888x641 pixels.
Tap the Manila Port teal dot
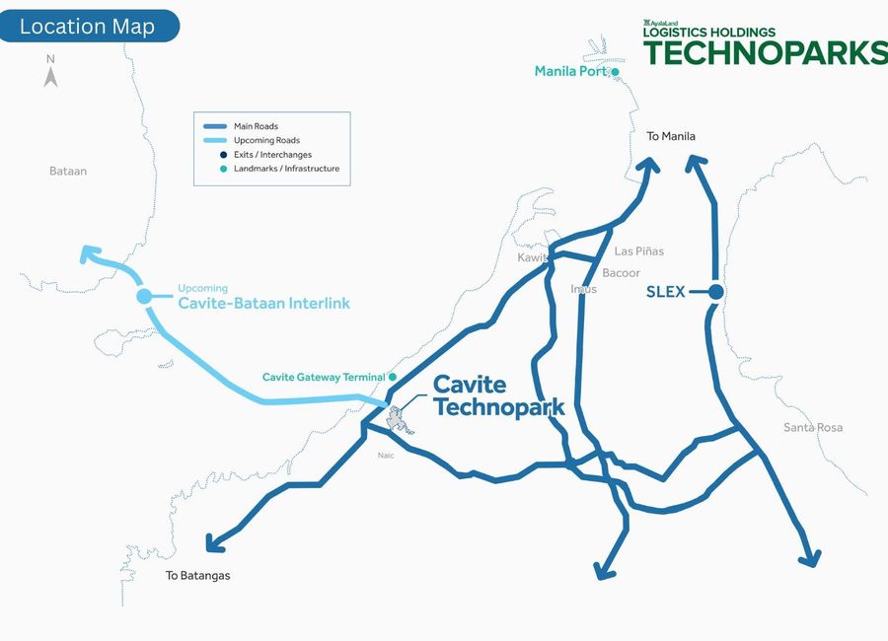pyautogui.click(x=615, y=72)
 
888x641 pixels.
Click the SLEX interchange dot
pyautogui.click(x=716, y=292)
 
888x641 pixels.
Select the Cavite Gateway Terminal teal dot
pyautogui.click(x=393, y=377)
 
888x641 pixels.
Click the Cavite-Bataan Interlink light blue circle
pyautogui.click(x=144, y=296)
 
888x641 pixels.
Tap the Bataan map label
pyautogui.click(x=68, y=171)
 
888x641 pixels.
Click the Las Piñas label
pyautogui.click(x=638, y=250)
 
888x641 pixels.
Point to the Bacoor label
pyautogui.click(x=621, y=273)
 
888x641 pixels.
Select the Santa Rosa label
pyautogui.click(x=813, y=428)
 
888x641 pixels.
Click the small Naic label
pyautogui.click(x=386, y=456)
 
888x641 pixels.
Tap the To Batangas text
pyautogui.click(x=197, y=575)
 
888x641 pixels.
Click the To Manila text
pyautogui.click(x=671, y=136)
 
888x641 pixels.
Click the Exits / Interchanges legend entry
pyautogui.click(x=265, y=155)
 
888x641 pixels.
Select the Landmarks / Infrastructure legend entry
pyautogui.click(x=280, y=169)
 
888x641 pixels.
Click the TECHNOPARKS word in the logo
pyautogui.click(x=766, y=52)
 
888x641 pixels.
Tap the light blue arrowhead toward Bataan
pyautogui.click(x=90, y=253)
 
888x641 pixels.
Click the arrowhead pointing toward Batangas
pyautogui.click(x=215, y=543)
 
